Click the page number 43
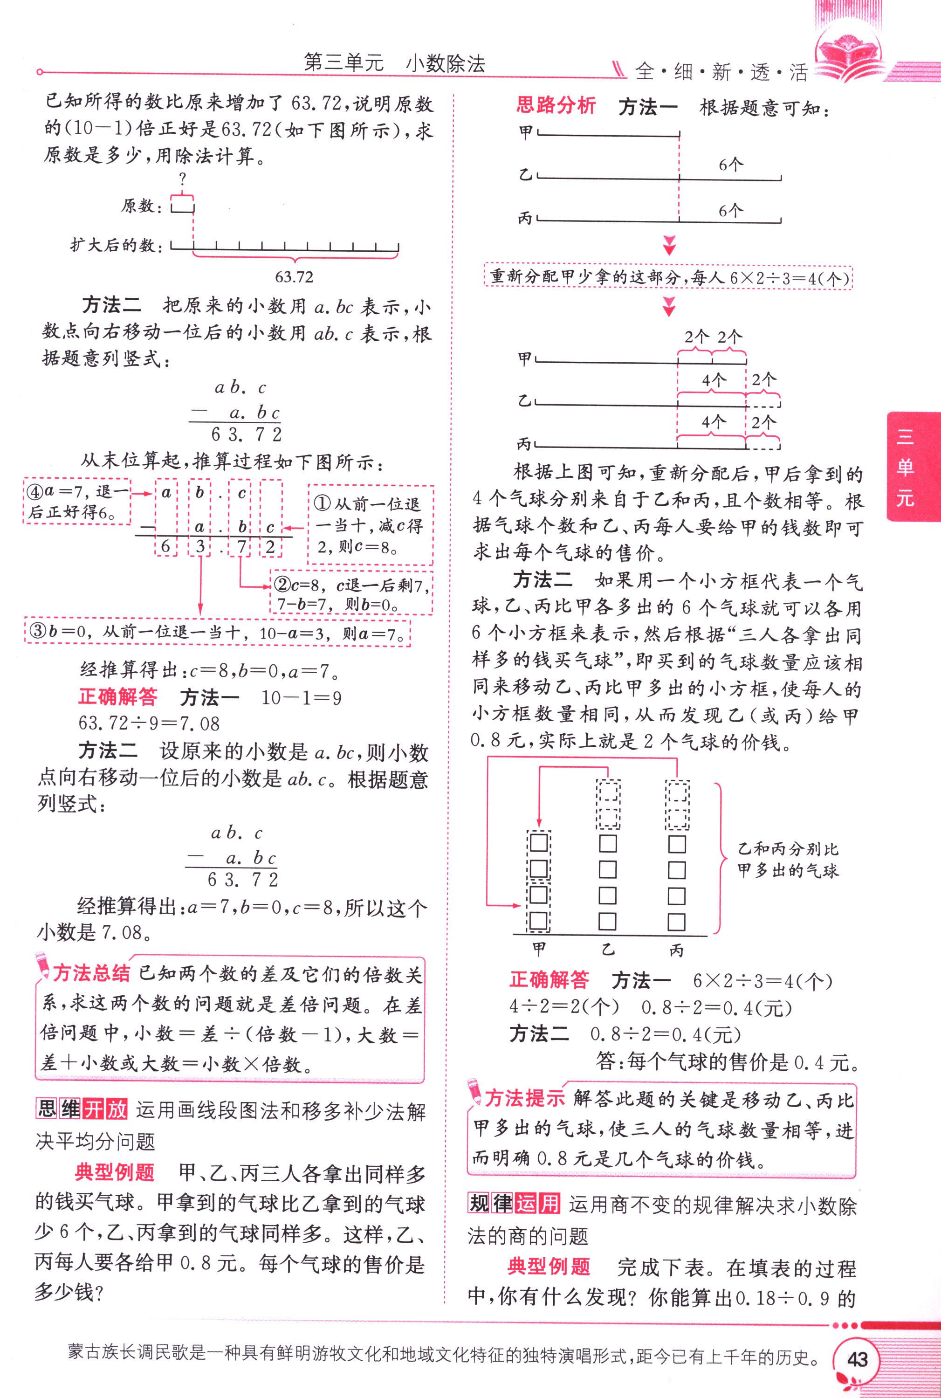pyautogui.click(x=856, y=1359)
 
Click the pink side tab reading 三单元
pyautogui.click(x=905, y=466)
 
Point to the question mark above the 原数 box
pyautogui.click(x=182, y=178)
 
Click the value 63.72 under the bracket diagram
pyautogui.click(x=294, y=277)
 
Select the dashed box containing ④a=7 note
pyautogui.click(x=77, y=501)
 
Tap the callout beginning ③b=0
pyautogui.click(x=217, y=632)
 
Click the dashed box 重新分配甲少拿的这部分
pyautogui.click(x=668, y=277)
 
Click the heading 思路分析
pyautogui.click(x=555, y=106)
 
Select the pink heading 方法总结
pyautogui.click(x=91, y=973)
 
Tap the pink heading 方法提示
pyautogui.click(x=524, y=1098)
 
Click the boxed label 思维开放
pyautogui.click(x=82, y=1109)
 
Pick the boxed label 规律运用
pyautogui.click(x=514, y=1204)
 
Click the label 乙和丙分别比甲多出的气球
pyautogui.click(x=787, y=860)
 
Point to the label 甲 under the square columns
pyautogui.click(x=539, y=949)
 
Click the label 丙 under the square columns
pyautogui.click(x=676, y=950)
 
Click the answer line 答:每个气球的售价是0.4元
pyautogui.click(x=728, y=1062)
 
